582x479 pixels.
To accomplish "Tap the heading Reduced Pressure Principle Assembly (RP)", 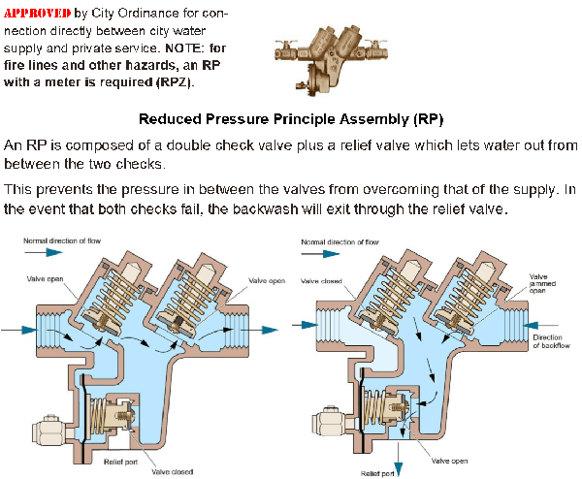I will click(x=291, y=120).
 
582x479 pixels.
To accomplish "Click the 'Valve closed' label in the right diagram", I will click(x=320, y=281).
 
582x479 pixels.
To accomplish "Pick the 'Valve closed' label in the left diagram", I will click(x=172, y=471).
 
